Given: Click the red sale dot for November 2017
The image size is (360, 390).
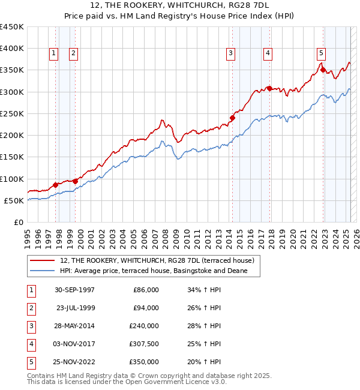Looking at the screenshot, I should [269, 88].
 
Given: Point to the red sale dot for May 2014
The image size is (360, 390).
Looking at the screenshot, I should [232, 118].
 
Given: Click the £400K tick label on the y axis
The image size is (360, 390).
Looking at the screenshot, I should [12, 49].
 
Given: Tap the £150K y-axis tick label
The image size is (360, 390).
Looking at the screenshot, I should [12, 157].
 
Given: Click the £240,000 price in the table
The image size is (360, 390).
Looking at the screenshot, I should [144, 326].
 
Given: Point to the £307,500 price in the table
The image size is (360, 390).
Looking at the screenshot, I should [144, 344].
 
